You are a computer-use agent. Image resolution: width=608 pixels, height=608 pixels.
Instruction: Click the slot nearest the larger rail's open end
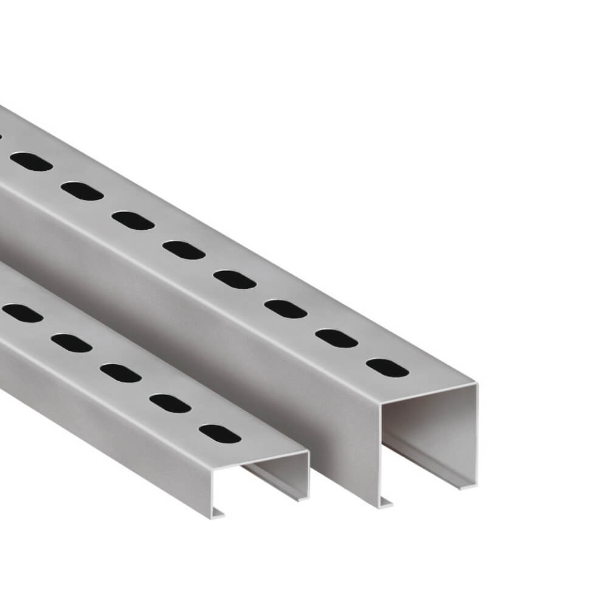(387, 367)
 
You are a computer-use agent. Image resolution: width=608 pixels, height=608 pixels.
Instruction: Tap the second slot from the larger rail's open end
(336, 338)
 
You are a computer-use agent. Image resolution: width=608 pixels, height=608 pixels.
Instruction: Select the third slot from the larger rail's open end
(286, 309)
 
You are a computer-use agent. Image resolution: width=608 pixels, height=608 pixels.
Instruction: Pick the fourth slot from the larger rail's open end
(235, 279)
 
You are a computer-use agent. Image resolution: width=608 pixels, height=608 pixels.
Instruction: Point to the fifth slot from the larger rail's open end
(184, 250)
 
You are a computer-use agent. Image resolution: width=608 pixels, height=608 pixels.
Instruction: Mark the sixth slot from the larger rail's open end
(133, 220)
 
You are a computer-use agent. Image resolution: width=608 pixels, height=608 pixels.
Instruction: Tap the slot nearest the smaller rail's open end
(220, 433)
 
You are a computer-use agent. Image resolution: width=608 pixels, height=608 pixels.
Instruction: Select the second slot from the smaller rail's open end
(170, 403)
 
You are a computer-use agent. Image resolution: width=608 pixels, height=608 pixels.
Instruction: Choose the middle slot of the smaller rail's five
(120, 373)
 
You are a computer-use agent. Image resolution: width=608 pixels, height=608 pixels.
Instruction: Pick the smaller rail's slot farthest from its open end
(22, 313)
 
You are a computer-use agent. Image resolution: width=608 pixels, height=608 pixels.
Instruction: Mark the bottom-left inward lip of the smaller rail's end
(218, 514)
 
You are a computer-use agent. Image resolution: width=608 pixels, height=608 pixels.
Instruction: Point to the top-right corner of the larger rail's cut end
(476, 384)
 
